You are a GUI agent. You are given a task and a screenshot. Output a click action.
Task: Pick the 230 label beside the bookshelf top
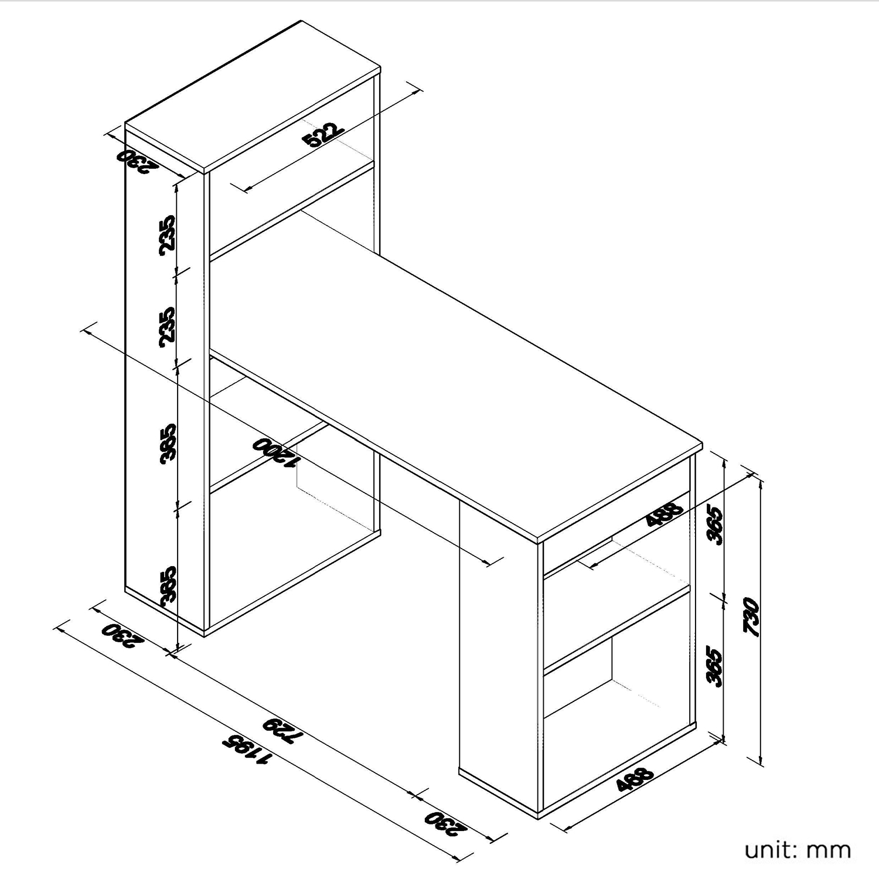[x=138, y=162]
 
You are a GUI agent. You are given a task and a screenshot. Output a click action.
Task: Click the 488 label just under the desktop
[x=665, y=514]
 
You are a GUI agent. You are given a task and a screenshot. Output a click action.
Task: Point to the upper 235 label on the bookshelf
[x=167, y=235]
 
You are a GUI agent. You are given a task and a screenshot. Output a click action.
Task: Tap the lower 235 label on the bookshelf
[x=167, y=326]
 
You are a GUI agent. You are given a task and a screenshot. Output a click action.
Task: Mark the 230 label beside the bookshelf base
[x=122, y=635]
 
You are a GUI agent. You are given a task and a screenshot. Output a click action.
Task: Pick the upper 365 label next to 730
[x=716, y=523]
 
